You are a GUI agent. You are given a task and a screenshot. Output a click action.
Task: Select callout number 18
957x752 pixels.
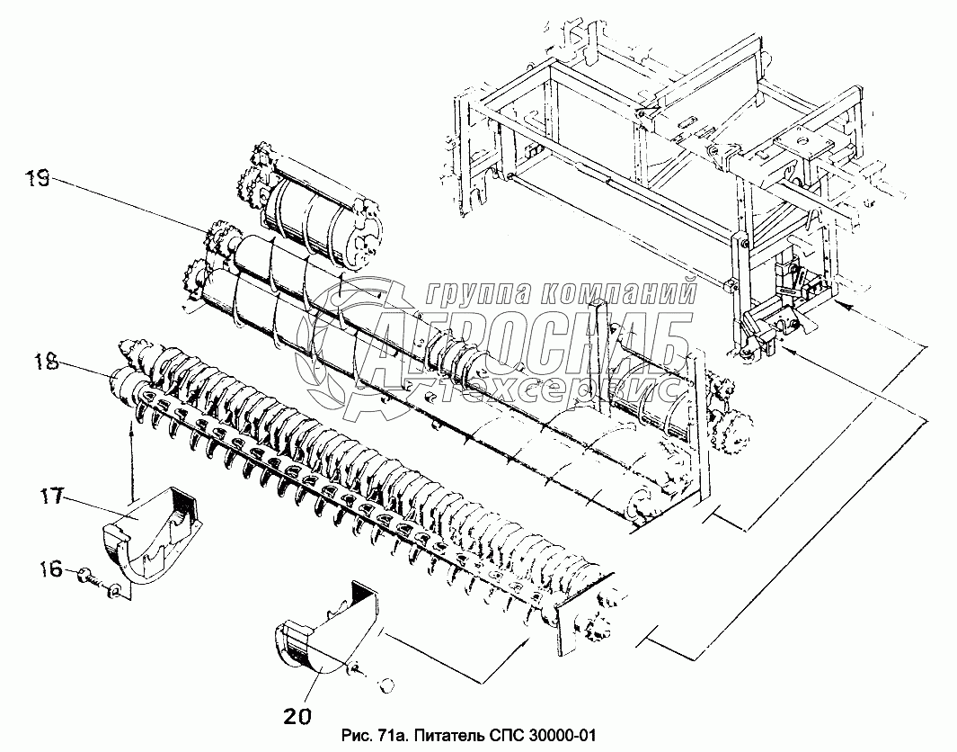47,363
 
